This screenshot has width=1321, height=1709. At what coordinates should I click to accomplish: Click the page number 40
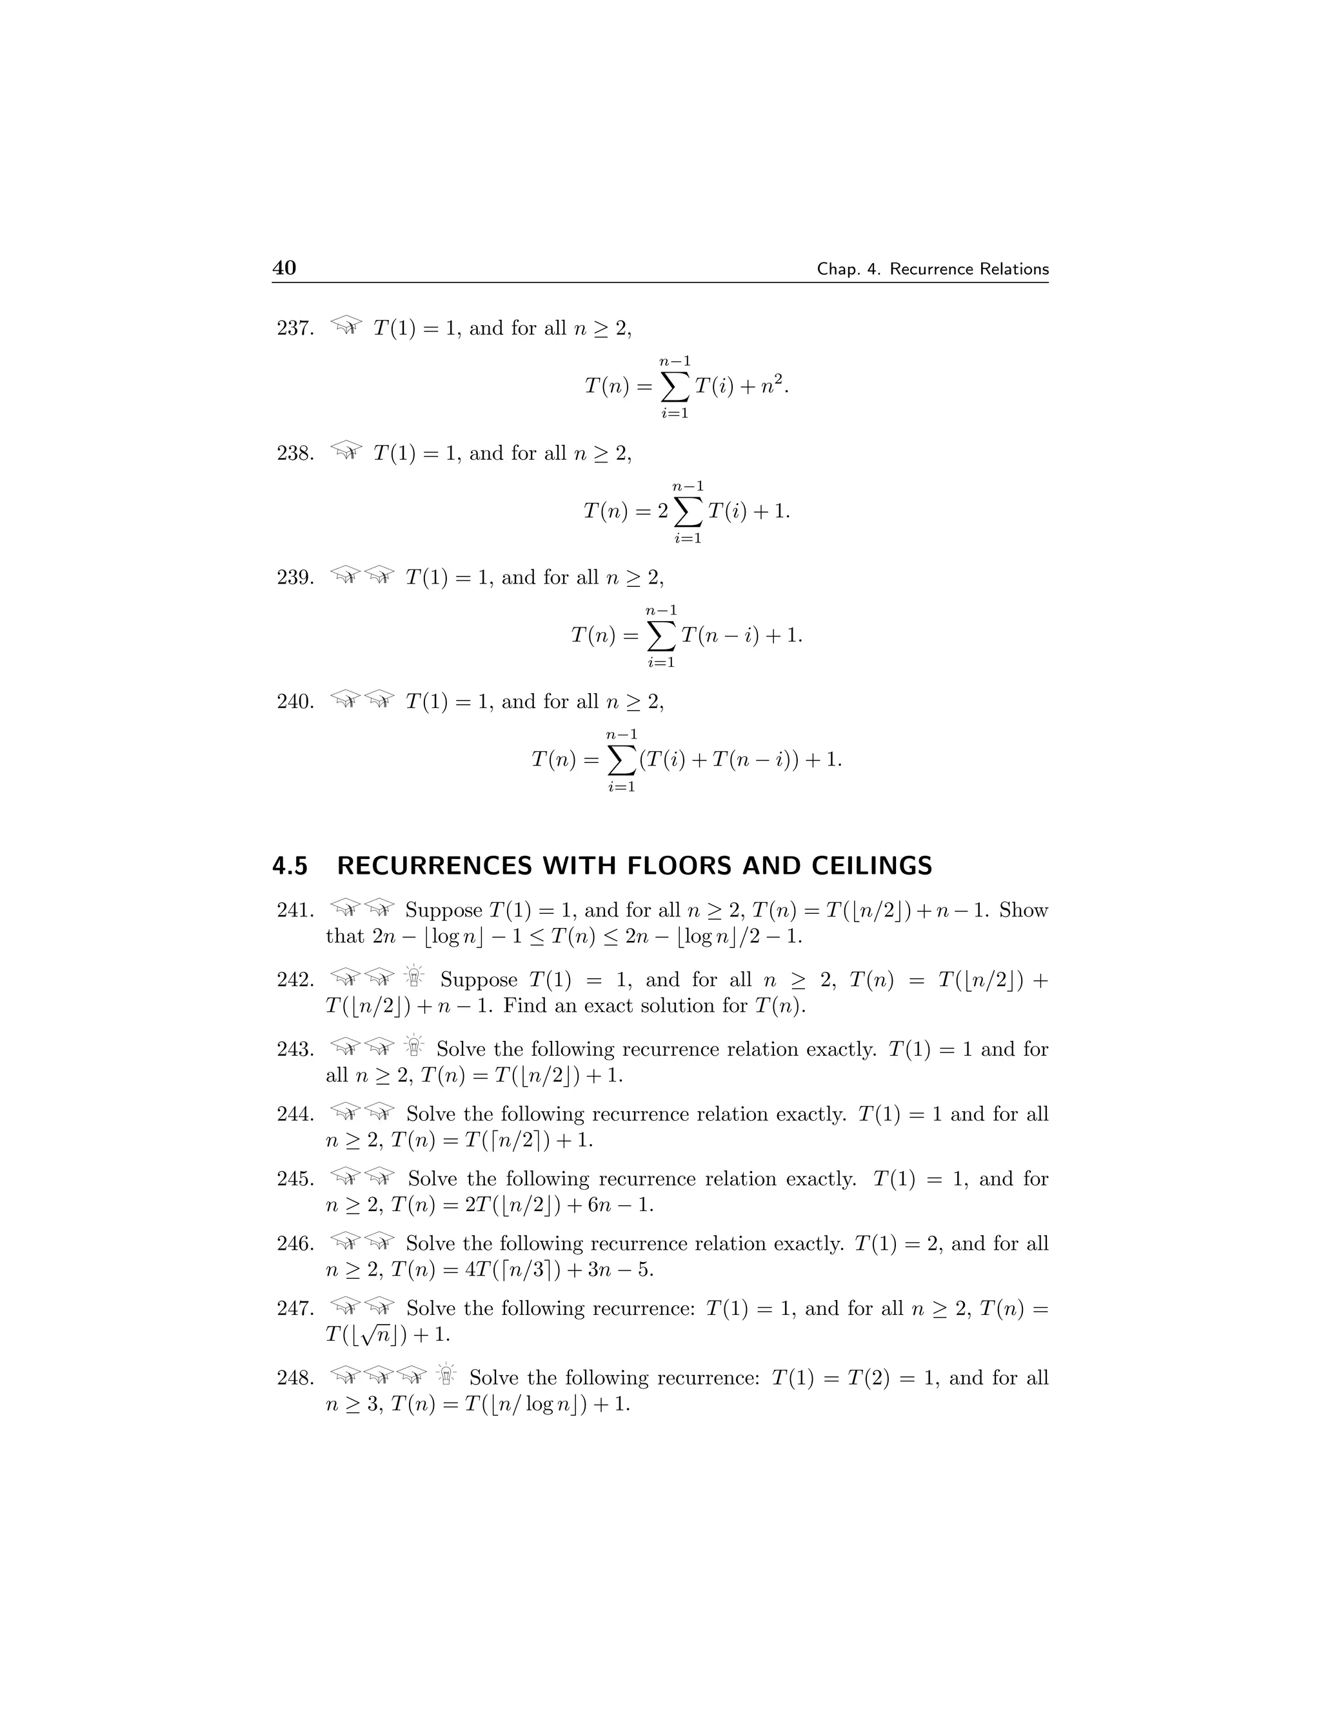[x=284, y=268]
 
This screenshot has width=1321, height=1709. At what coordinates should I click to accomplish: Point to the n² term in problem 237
[x=772, y=385]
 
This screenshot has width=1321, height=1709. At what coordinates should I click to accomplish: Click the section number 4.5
[x=290, y=866]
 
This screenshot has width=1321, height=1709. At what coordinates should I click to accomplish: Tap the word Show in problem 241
[x=1024, y=910]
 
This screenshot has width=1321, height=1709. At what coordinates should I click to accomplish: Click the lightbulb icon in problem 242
[x=414, y=977]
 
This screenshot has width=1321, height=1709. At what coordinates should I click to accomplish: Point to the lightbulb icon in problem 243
[x=414, y=1046]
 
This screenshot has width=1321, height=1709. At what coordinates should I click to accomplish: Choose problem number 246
[x=295, y=1243]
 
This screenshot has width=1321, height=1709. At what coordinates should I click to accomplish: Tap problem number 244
[x=295, y=1114]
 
